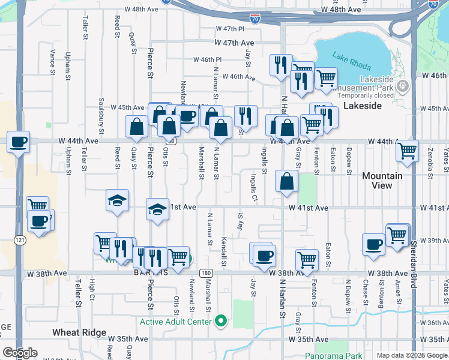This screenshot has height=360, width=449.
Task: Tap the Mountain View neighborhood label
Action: [x=382, y=181]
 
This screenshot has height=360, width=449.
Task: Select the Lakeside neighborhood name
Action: [x=363, y=105]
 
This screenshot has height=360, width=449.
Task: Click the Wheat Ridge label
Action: [x=79, y=332]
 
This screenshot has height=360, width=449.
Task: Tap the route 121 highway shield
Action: [x=21, y=240]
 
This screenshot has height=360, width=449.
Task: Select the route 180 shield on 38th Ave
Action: [x=206, y=272]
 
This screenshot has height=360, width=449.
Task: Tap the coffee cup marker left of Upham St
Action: [x=19, y=142]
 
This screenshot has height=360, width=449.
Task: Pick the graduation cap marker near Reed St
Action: [x=118, y=200]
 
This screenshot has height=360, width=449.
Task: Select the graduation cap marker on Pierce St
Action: [x=157, y=210]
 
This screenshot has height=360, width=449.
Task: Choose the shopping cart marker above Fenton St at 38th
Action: [x=307, y=260]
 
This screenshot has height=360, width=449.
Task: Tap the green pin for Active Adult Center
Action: [x=221, y=322]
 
